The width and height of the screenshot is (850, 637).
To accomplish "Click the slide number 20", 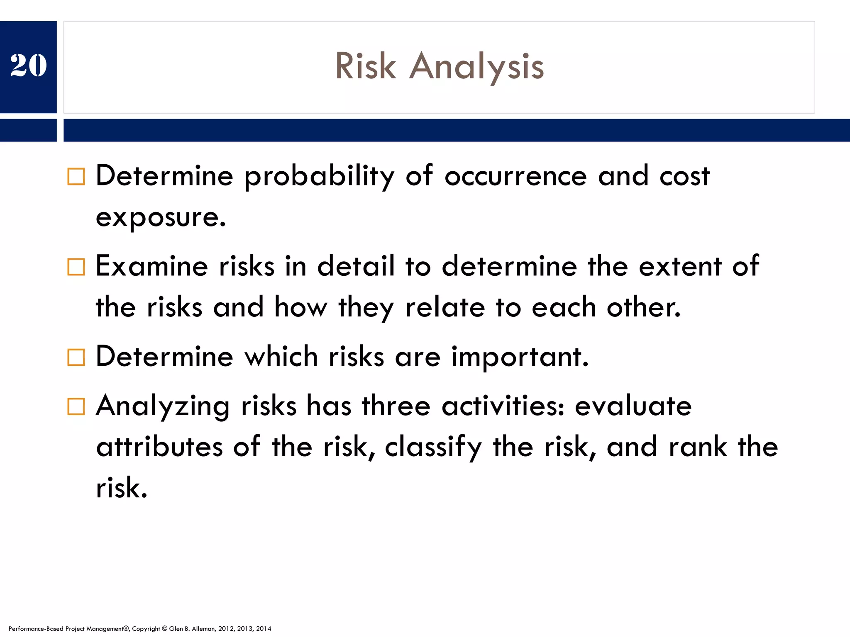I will tap(28, 66).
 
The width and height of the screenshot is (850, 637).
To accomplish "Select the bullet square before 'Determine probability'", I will tap(76, 177).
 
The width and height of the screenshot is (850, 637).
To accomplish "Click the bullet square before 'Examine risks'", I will tap(76, 267).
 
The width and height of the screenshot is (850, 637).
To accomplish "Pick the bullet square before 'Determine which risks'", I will tap(76, 357).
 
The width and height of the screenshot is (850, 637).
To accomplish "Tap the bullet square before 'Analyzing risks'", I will tap(76, 406).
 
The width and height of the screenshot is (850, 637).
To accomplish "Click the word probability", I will tap(319, 177).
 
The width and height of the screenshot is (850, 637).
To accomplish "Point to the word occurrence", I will tap(515, 177).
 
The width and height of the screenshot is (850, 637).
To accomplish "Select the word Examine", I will tap(151, 266).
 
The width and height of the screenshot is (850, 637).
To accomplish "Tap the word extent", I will tap(680, 266).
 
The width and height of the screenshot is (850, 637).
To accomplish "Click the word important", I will tap(520, 357).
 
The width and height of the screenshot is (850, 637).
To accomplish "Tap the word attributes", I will tap(159, 447).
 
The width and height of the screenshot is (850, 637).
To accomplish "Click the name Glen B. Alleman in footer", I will tap(192, 629).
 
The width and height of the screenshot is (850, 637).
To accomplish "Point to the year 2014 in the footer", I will tap(264, 629).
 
